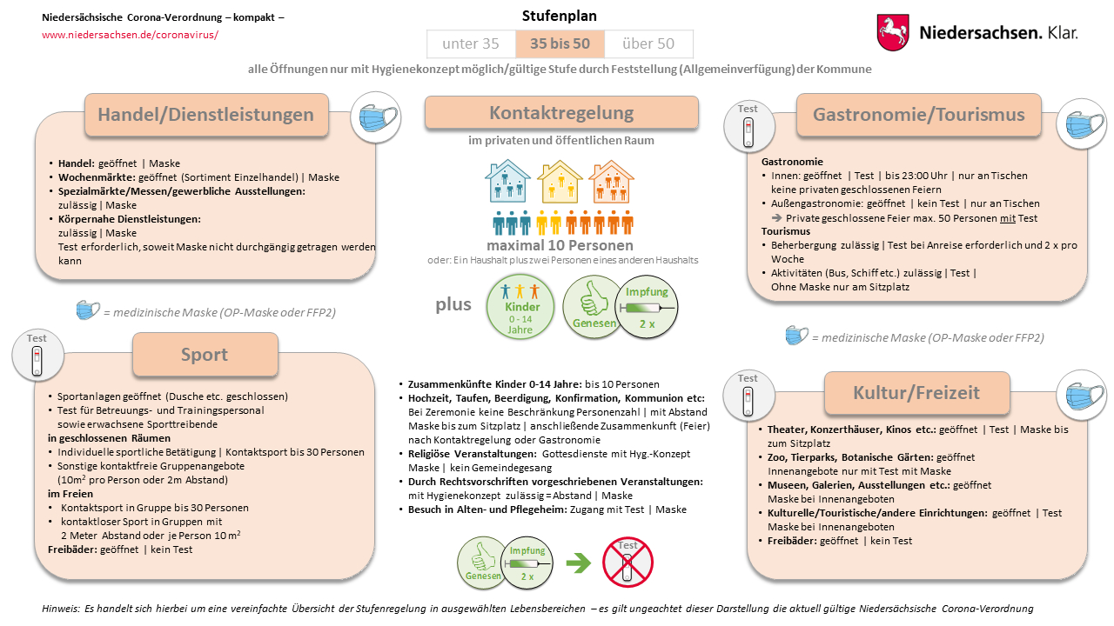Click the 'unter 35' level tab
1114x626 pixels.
pos(471,44)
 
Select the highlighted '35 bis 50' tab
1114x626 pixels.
pos(560,44)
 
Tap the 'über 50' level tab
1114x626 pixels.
pos(648,44)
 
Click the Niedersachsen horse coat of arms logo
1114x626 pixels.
pos(893,32)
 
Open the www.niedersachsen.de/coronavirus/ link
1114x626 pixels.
pos(130,35)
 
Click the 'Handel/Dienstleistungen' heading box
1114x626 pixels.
pos(206,115)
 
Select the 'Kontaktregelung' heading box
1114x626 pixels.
pos(561,113)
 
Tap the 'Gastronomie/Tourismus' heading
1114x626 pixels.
pos(918,115)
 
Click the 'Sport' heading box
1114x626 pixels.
pos(205,354)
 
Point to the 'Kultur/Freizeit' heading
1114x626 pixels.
pos(916,393)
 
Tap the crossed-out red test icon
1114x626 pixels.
pos(627,562)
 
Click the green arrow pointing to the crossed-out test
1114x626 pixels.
pos(578,563)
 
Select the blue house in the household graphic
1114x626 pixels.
pos(508,183)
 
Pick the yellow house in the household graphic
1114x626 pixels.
pos(560,183)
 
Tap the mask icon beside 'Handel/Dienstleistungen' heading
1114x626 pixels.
pos(375,119)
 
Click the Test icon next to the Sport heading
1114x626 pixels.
pos(37,356)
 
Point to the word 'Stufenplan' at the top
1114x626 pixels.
pos(560,16)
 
